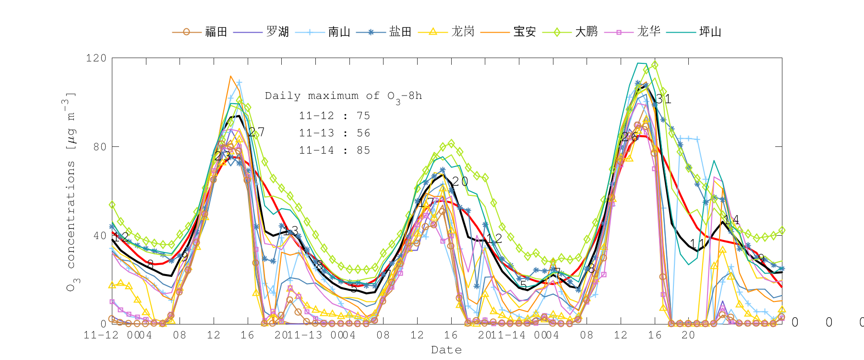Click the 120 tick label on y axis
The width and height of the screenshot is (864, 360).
[96, 58]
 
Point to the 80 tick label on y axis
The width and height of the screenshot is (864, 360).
[99, 147]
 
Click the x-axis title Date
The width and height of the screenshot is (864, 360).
[446, 350]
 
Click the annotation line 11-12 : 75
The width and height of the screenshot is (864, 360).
[335, 116]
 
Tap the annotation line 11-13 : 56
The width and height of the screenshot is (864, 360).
[335, 133]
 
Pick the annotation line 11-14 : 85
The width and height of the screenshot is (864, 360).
[335, 150]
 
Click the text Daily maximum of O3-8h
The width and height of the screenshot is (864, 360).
[343, 96]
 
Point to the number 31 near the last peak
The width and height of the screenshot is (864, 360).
[663, 99]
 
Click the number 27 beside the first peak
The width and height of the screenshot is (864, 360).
[256, 132]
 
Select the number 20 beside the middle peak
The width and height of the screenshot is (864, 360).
[460, 181]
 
